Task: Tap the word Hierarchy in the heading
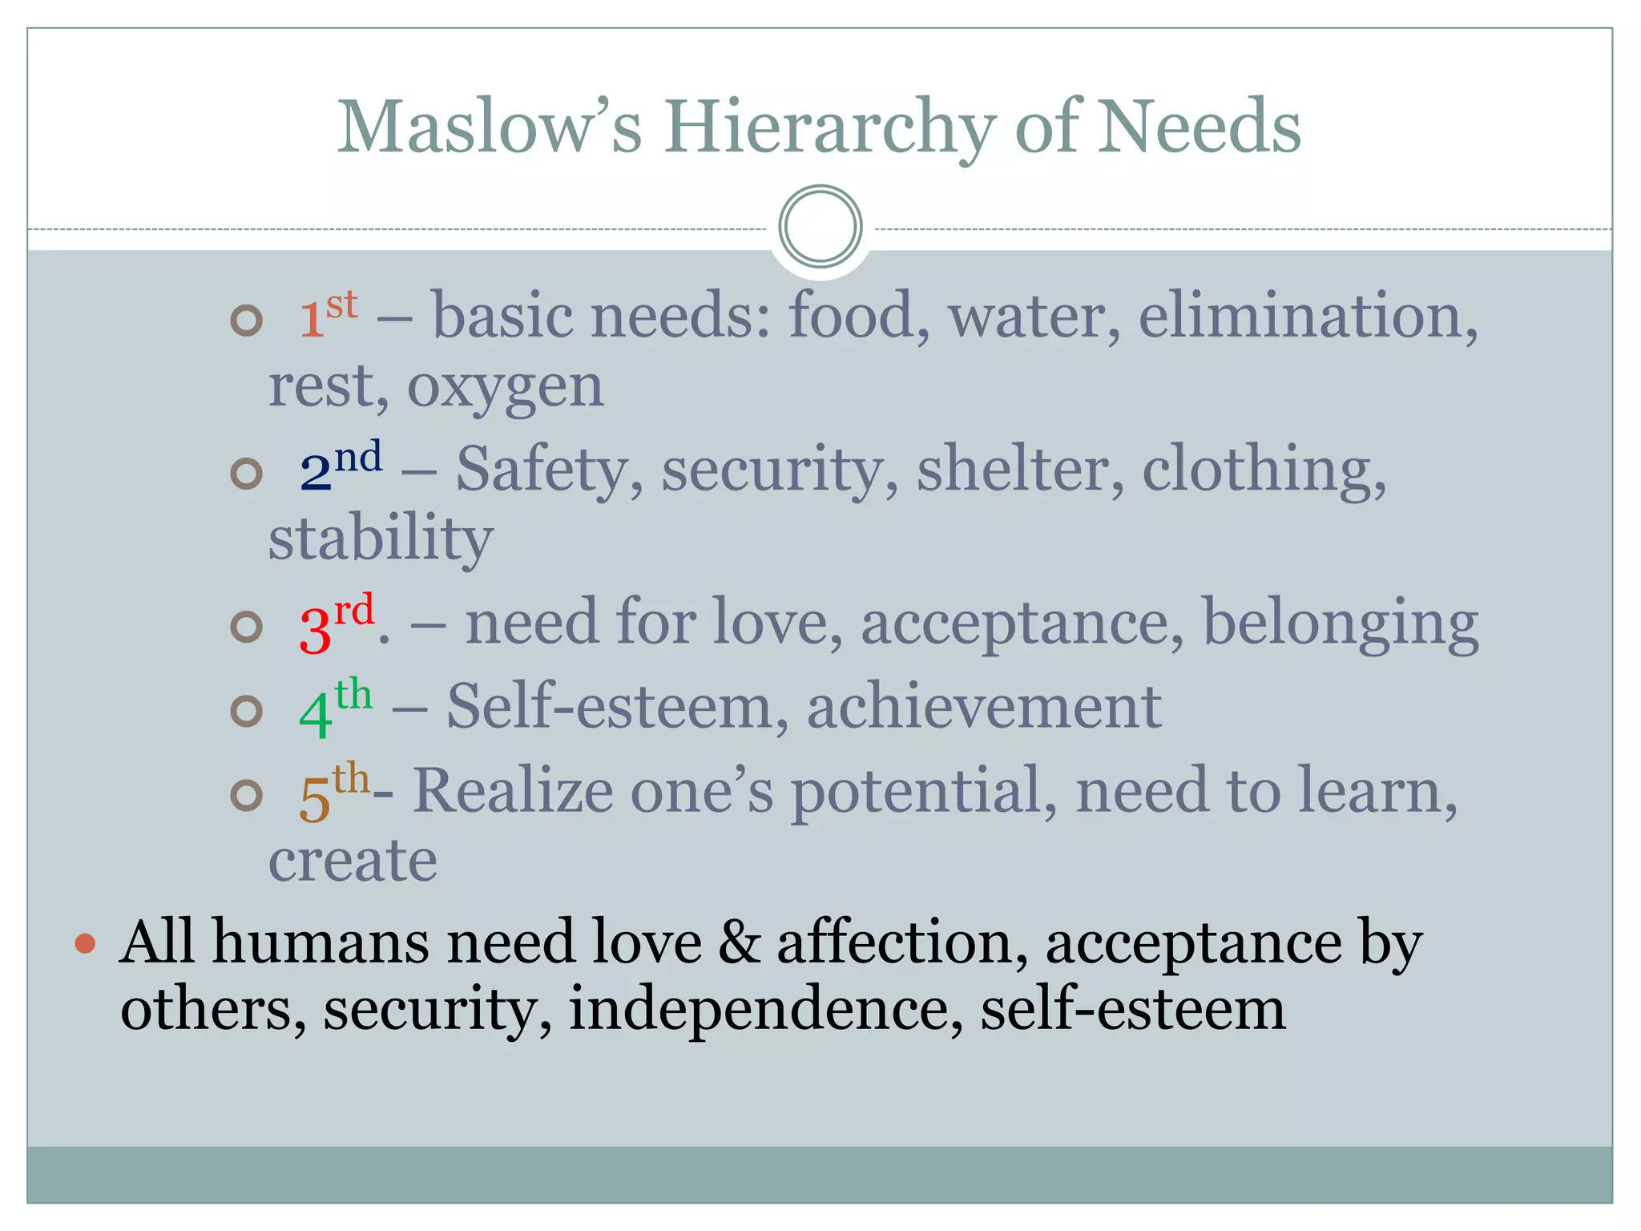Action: (829, 128)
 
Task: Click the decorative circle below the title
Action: (820, 227)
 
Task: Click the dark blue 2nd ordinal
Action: (340, 467)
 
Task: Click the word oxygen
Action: (505, 388)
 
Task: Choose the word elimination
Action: (1306, 316)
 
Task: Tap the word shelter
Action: (1020, 469)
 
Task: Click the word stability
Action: (381, 539)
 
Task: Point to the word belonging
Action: (1340, 624)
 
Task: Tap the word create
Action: (353, 861)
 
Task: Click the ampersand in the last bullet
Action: (739, 942)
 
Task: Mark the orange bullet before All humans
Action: (85, 942)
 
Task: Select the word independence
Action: (764, 1009)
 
